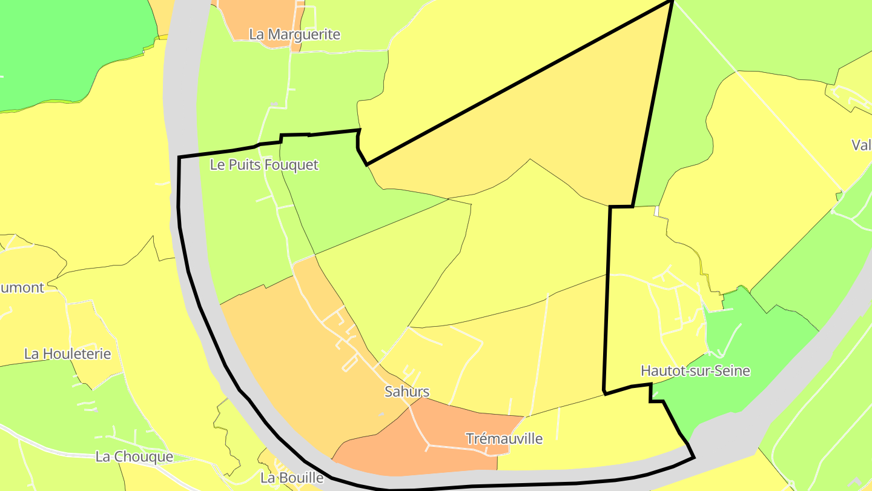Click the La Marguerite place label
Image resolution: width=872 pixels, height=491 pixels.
[x=294, y=35]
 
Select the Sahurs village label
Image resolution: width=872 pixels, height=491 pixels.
[x=407, y=392]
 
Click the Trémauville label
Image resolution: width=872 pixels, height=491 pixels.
[x=504, y=438]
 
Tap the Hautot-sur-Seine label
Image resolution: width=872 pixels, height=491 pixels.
[x=695, y=371]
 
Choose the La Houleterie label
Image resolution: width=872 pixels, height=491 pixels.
[x=67, y=354]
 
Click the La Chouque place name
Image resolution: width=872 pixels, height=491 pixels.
[x=134, y=457]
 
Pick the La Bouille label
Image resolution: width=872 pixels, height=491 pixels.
[x=288, y=478]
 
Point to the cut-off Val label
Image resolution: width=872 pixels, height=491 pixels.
[x=861, y=145]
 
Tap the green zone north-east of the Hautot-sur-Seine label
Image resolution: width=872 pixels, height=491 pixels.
[x=763, y=339]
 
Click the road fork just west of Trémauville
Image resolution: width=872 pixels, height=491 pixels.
[x=428, y=447]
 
